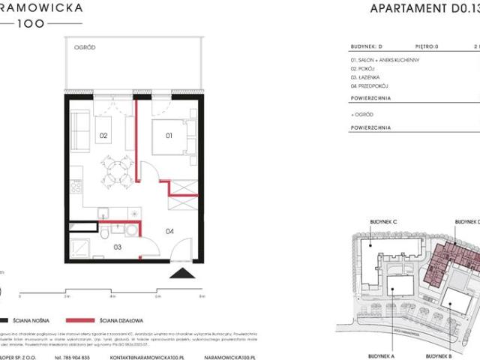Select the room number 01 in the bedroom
(x=169, y=136)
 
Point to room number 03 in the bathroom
(x=118, y=245)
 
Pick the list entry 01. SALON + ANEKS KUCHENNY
(x=385, y=59)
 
